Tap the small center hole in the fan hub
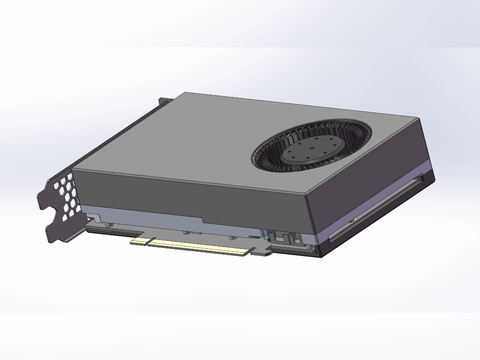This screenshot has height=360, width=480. coord(312,150)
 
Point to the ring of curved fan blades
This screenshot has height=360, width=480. coord(272,155)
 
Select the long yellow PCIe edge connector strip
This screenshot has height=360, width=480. coord(199,247)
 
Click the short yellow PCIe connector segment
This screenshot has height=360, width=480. coord(139,240)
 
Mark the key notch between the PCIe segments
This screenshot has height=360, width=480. coord(148,242)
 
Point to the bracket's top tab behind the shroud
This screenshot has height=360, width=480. coord(165,100)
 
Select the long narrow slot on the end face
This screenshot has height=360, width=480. coord(375,209)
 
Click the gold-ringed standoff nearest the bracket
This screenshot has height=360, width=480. coord(111,225)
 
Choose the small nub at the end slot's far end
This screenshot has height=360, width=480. coord(420,177)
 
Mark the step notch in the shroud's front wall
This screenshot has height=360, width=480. coord(202,220)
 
